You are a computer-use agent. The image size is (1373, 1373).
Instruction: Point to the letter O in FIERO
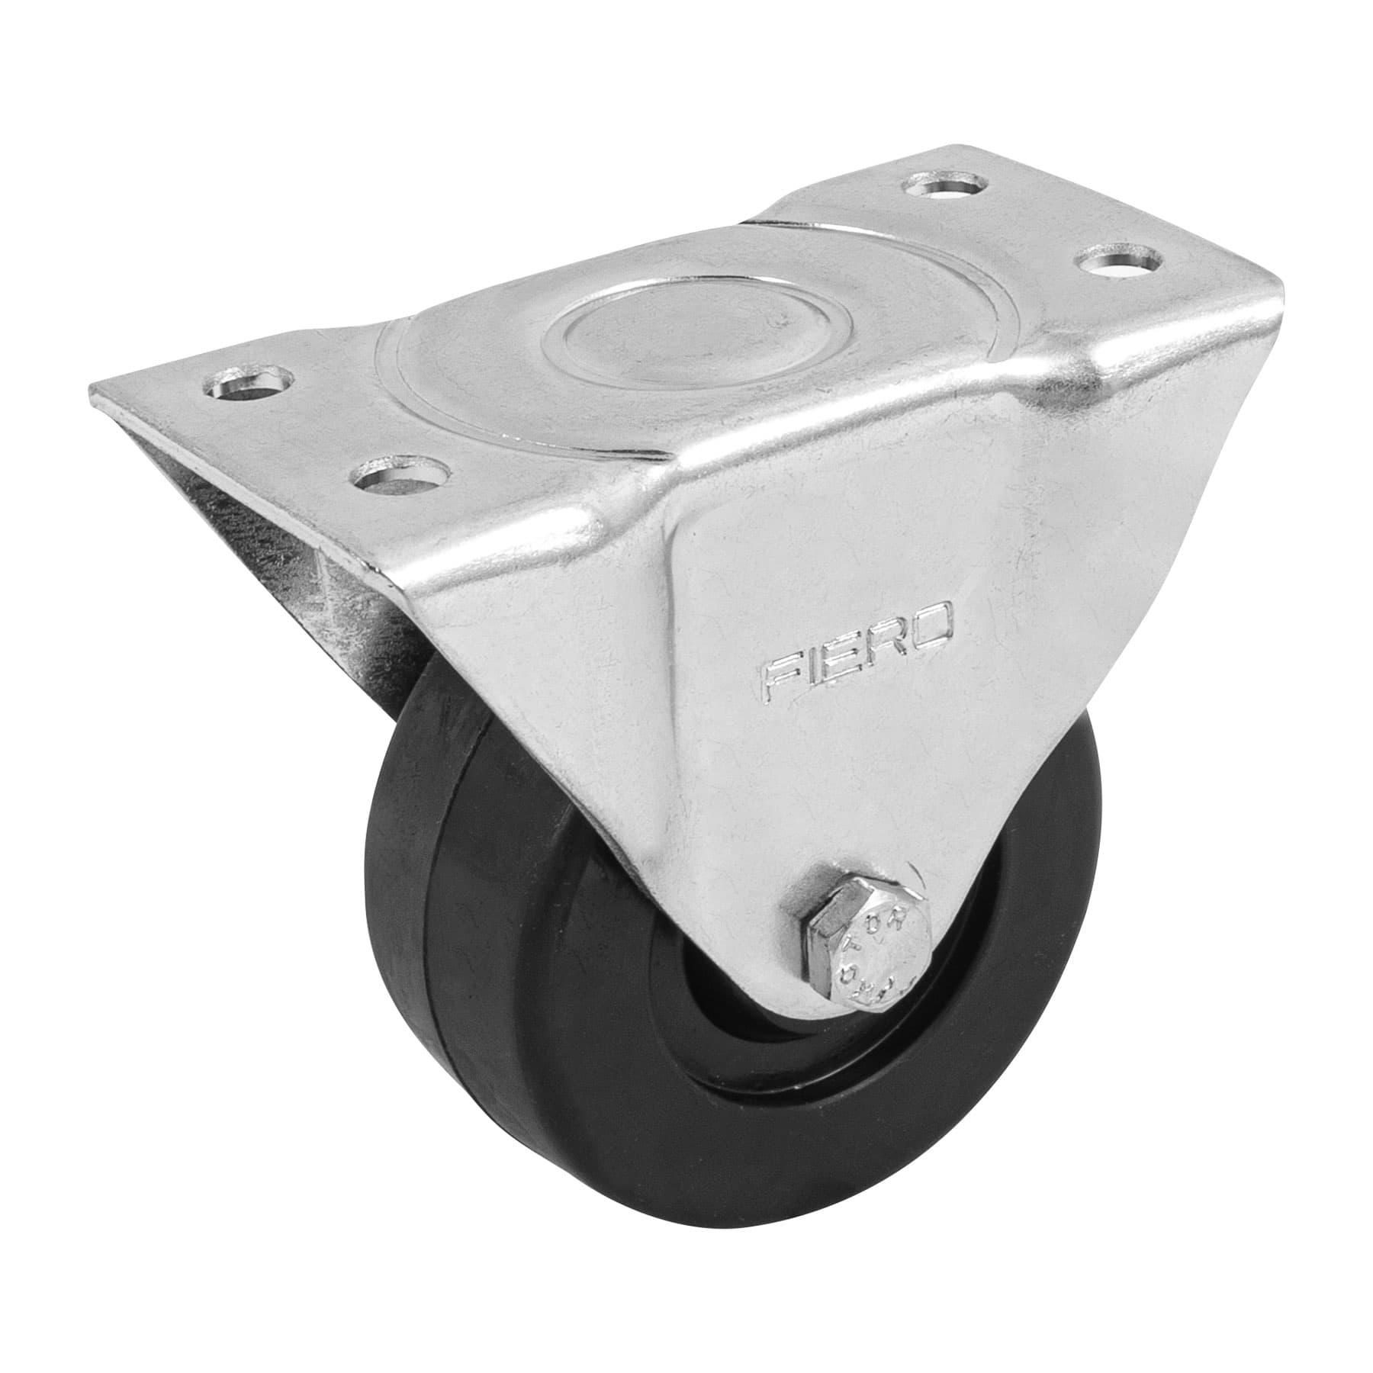(x=935, y=617)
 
